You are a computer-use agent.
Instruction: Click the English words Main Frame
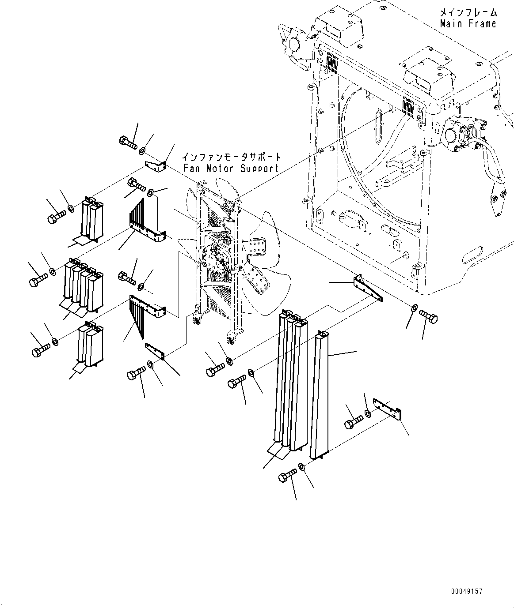pos(468,24)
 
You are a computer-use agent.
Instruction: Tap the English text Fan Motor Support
pos(231,168)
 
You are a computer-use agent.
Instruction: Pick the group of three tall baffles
pos(290,379)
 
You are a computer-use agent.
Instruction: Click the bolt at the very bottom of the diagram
pos(288,477)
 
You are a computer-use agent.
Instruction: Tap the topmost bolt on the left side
pos(128,142)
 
